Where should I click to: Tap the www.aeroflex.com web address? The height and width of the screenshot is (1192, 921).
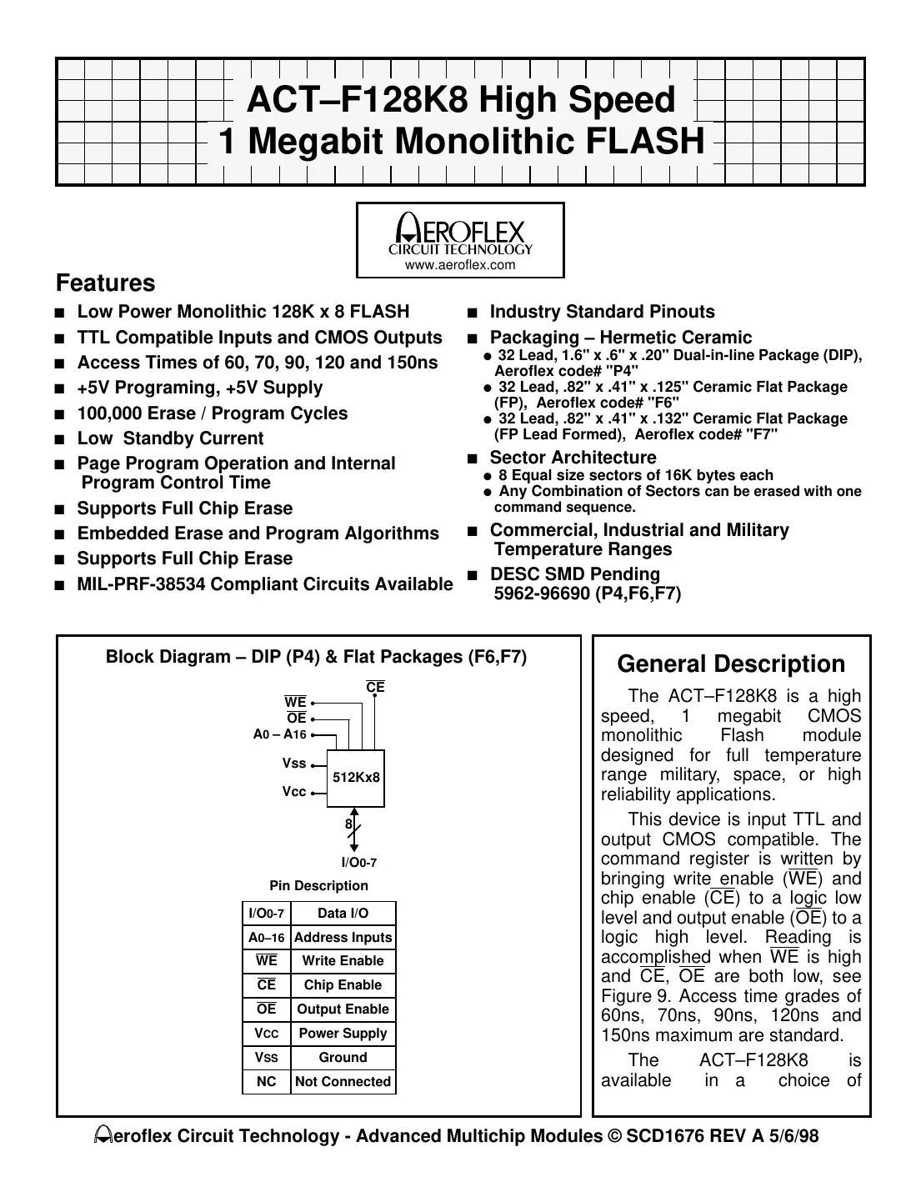tap(460, 265)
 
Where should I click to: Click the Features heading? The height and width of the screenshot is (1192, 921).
tap(105, 283)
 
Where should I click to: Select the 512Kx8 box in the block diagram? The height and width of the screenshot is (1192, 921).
tap(356, 778)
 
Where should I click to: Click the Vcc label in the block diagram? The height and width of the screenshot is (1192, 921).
tap(294, 792)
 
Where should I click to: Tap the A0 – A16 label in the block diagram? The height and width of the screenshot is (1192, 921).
tap(280, 734)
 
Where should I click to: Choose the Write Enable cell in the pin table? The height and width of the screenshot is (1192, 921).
tap(343, 961)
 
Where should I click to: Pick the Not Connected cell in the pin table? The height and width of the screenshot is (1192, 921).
tap(343, 1082)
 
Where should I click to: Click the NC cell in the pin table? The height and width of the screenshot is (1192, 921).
tap(267, 1082)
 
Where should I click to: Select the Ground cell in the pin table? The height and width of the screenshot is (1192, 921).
tap(343, 1058)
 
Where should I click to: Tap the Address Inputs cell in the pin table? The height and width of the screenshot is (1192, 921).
tap(343, 938)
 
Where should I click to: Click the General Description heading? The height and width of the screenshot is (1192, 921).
tap(731, 664)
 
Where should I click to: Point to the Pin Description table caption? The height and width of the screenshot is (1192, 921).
tap(318, 886)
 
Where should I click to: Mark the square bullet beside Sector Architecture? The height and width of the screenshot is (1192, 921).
tap(473, 458)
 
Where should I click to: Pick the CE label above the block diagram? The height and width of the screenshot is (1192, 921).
tap(375, 687)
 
